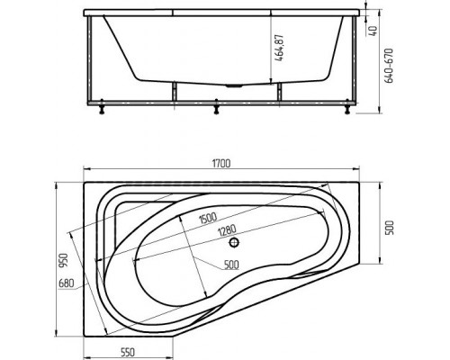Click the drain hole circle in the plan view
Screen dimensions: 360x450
(233, 242)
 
